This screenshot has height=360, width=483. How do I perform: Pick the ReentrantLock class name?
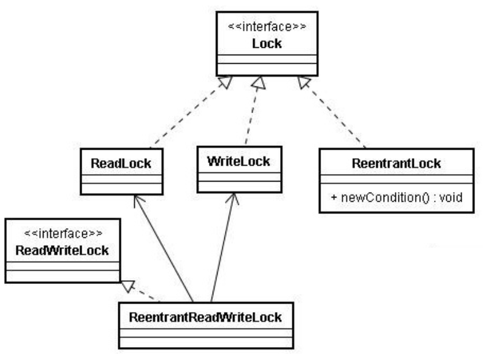[397, 164]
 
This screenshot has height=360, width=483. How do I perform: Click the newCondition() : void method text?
[401, 197]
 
